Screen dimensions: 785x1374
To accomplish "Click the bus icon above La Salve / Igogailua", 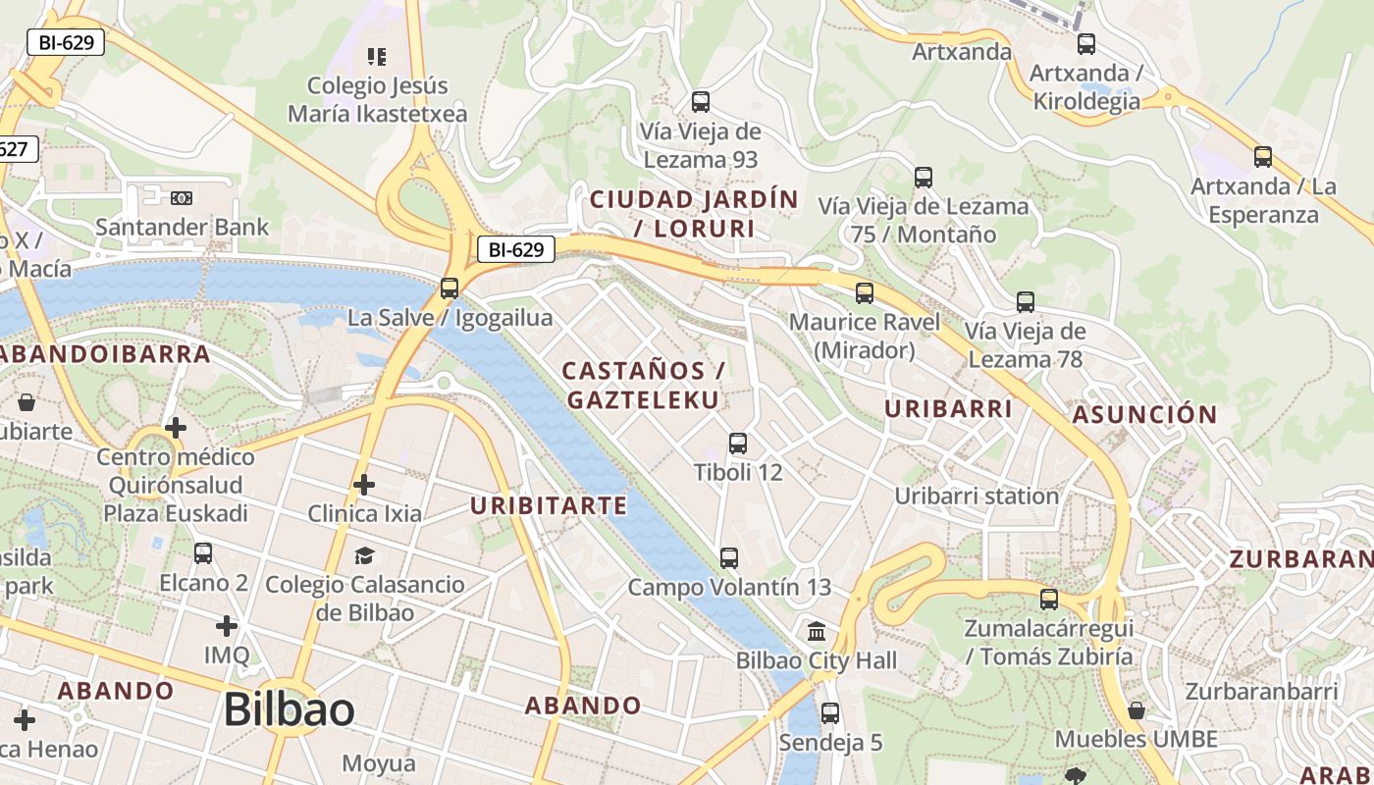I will pos(449,288).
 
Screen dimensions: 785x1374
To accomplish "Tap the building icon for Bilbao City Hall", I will pos(817,631).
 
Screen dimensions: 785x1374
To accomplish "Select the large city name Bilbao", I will pos(290,709).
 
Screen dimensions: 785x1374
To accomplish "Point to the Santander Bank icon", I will pos(182,198).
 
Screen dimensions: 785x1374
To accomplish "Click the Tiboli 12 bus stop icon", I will pos(738,444).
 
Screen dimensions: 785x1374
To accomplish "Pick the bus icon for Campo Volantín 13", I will pos(729,558).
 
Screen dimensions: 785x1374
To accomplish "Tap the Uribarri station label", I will pos(977,496).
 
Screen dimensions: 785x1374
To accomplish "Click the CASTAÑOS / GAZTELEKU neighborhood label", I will pos(643,385).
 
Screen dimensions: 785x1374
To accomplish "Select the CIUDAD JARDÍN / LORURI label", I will pos(694,214).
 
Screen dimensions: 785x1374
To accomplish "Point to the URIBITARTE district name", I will pos(548,506).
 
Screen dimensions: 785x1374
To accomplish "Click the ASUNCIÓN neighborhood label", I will pos(1144,414).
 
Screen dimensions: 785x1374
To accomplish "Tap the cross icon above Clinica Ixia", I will pos(364,485).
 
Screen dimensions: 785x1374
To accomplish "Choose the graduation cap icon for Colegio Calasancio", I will pos(365,556).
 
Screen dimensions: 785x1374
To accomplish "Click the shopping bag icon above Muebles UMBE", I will pos(1136,710).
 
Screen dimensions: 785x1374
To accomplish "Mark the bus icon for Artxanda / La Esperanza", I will pos(1263,157).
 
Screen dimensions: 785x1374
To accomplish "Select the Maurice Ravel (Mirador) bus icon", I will pos(865,293).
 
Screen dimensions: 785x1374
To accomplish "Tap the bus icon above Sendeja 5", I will pos(830,713).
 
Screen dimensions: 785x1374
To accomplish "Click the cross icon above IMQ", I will pos(227,626).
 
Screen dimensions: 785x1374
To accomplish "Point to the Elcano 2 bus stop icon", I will pos(203,553).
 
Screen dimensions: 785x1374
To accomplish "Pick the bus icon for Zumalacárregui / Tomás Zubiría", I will pos(1049,600).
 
